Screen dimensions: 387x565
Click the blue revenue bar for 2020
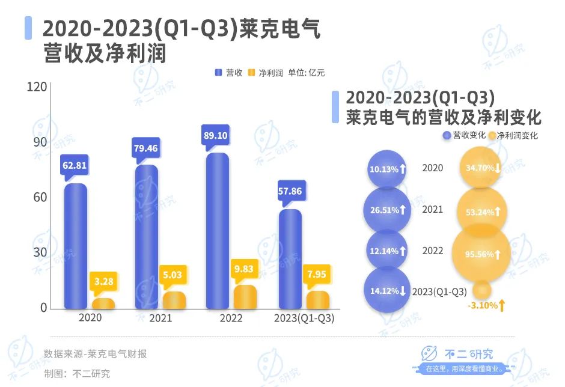(76, 246)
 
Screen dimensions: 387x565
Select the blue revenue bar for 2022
(217, 231)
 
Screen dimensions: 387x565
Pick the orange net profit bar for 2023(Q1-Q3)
(317, 299)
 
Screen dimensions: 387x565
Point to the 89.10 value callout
(216, 136)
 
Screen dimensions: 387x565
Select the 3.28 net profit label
(103, 280)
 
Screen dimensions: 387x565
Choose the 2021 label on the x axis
(160, 318)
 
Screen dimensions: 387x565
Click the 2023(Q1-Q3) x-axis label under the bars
(304, 318)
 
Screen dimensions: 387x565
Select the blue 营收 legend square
(219, 73)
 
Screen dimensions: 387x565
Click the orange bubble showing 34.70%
(481, 168)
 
